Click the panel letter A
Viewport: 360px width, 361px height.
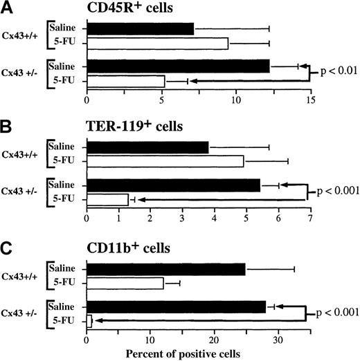click(x=7, y=8)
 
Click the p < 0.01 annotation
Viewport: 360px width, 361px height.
click(x=336, y=71)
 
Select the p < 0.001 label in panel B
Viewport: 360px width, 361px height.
click(x=335, y=190)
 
